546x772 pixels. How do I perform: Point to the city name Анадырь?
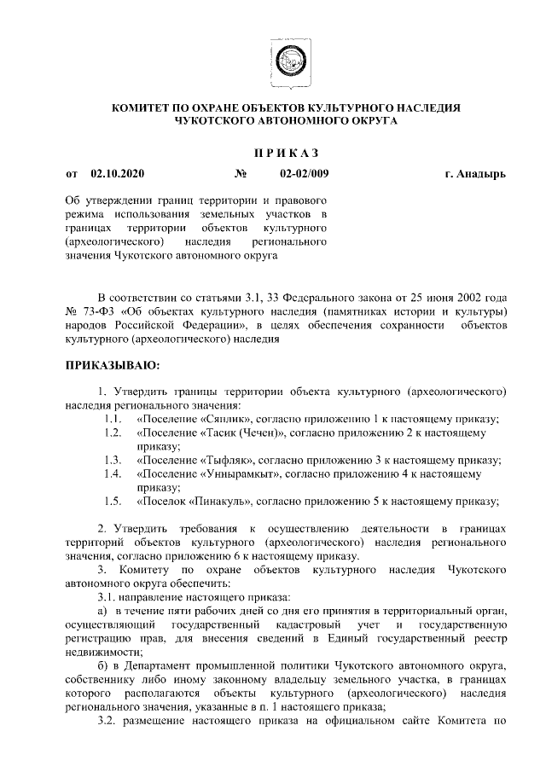click(x=483, y=175)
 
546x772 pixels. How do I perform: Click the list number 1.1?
click(x=111, y=418)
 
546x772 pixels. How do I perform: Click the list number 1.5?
click(x=111, y=501)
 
